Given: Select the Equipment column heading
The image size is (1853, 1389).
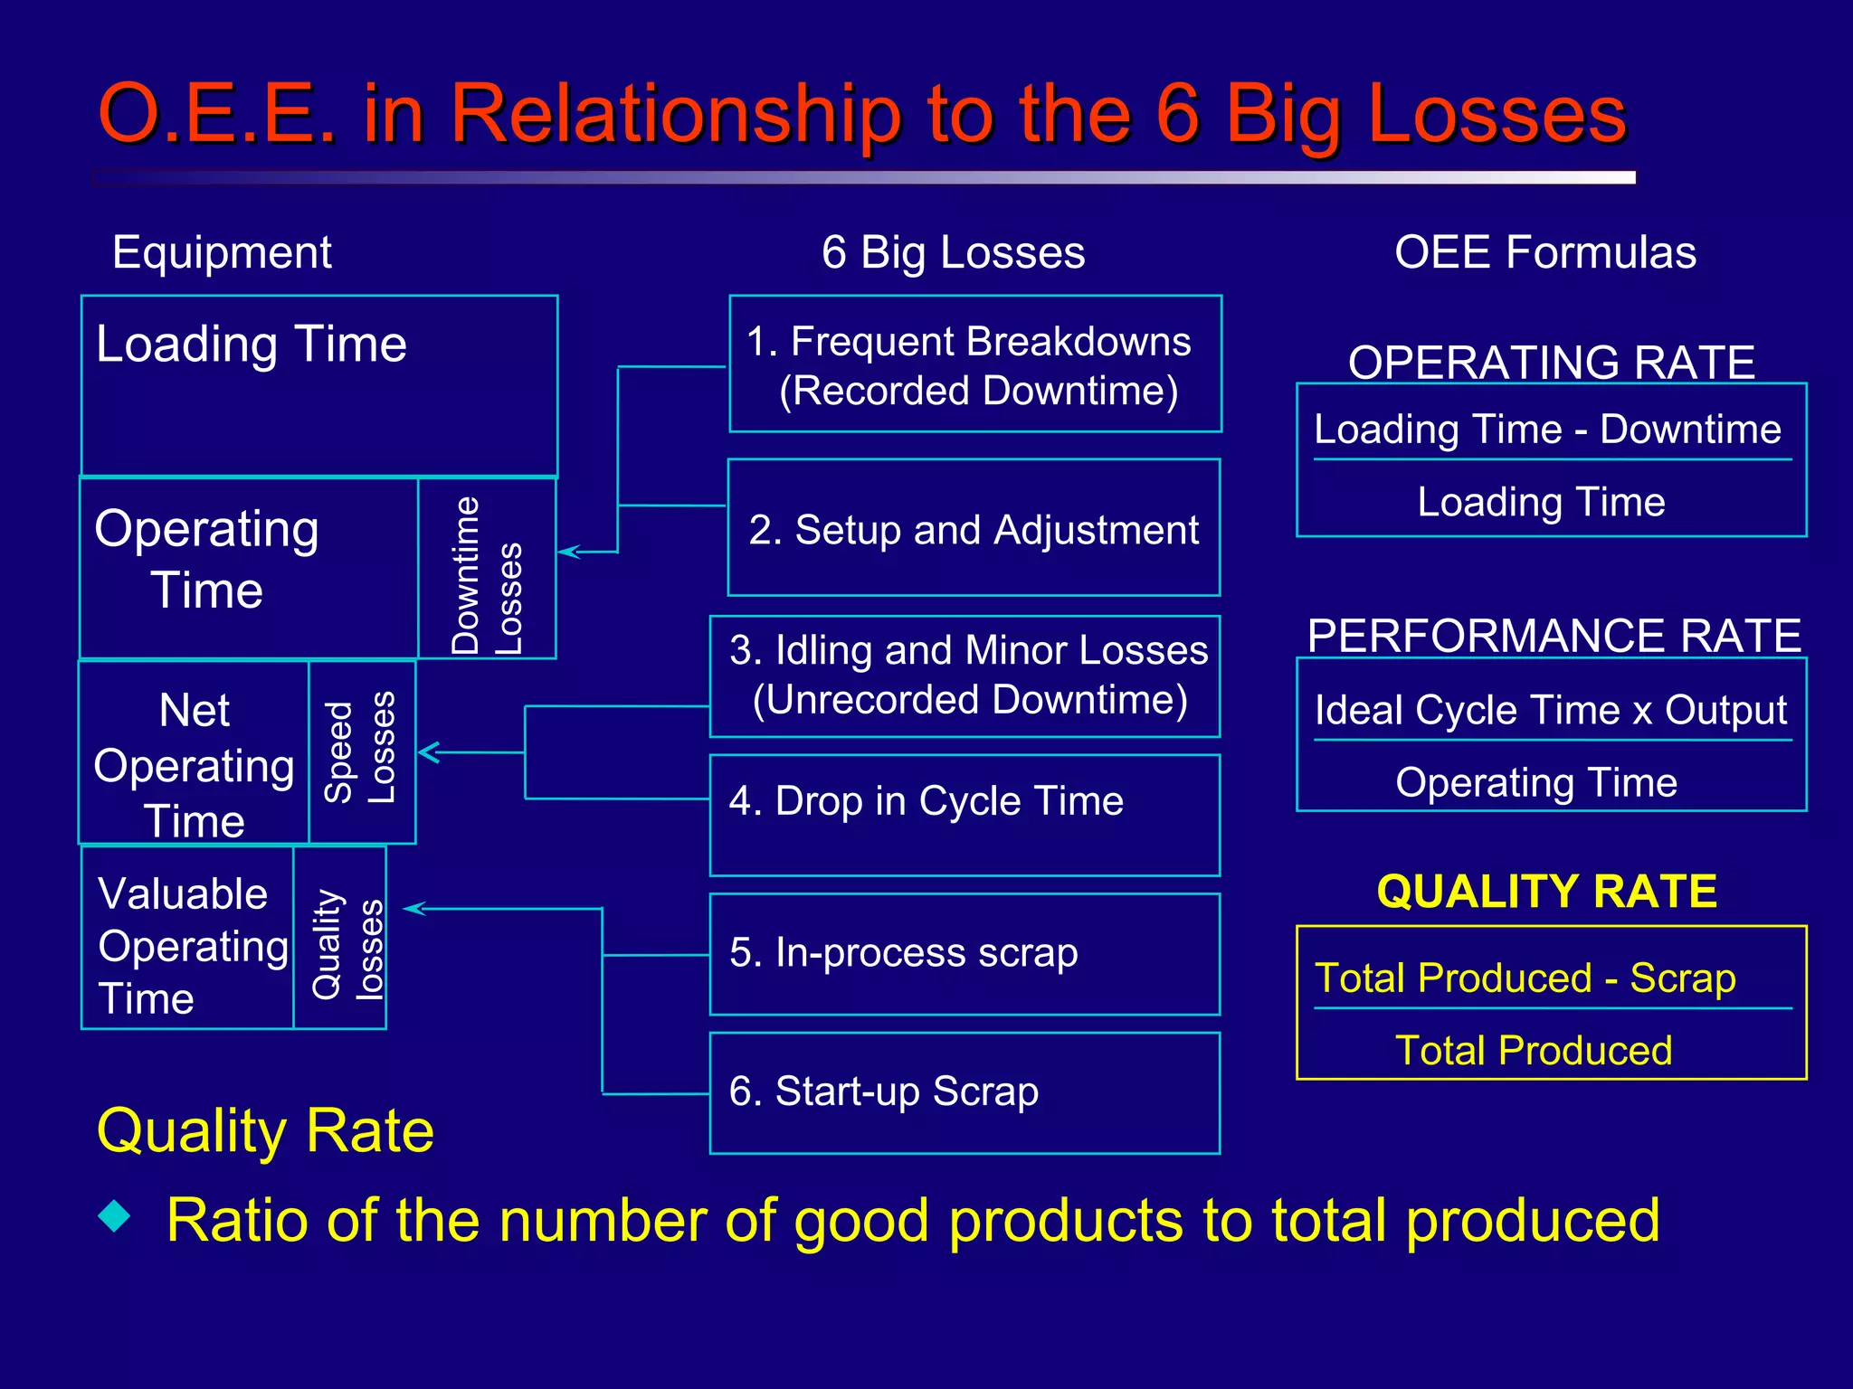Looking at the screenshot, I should point(222,252).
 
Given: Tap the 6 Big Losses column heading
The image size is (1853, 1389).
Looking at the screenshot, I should point(953,252).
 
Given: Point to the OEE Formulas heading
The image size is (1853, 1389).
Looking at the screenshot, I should point(1544,252).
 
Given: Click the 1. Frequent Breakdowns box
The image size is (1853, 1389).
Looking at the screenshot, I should point(974,364).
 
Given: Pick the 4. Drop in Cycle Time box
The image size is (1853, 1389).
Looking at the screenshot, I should point(965,814).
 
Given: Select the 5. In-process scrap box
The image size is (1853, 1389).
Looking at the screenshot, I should point(965,953).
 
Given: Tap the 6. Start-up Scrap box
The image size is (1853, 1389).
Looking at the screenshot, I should point(965,1091).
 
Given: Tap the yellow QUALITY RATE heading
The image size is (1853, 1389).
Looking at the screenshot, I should point(1546,892).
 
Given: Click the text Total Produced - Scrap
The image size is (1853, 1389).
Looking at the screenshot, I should point(1525,978).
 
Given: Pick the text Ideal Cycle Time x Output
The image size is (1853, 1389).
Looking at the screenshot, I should point(1550,711).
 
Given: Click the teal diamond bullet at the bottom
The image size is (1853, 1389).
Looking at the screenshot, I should point(115,1215).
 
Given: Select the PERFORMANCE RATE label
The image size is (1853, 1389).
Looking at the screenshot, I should point(1554,636).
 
